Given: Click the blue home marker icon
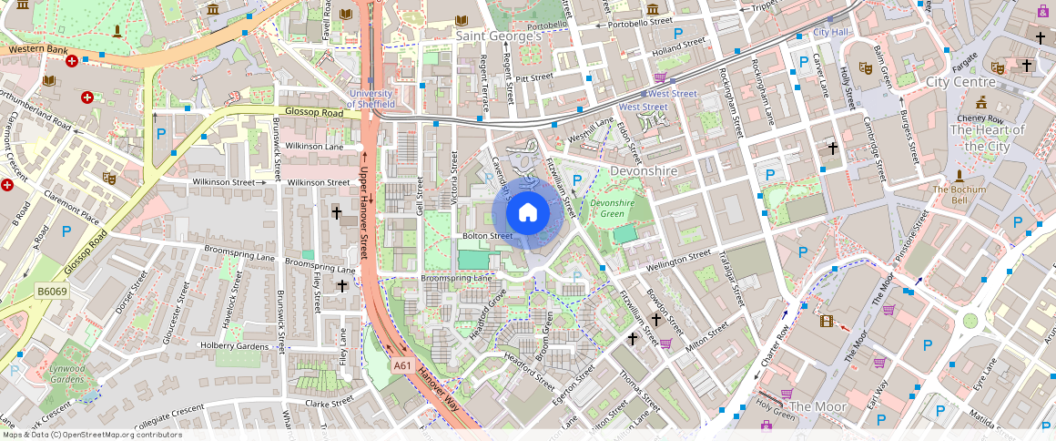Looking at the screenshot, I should (x=527, y=213).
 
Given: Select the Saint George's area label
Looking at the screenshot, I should (x=498, y=36).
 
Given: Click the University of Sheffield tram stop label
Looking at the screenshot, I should (x=370, y=98).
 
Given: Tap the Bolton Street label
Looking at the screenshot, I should (x=488, y=236).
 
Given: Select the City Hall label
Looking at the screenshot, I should (x=830, y=33).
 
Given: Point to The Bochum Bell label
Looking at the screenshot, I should (x=958, y=194).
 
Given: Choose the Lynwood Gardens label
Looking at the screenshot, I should (x=67, y=374).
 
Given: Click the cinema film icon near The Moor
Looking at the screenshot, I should (x=826, y=321).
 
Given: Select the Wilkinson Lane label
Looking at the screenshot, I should (x=314, y=146).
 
